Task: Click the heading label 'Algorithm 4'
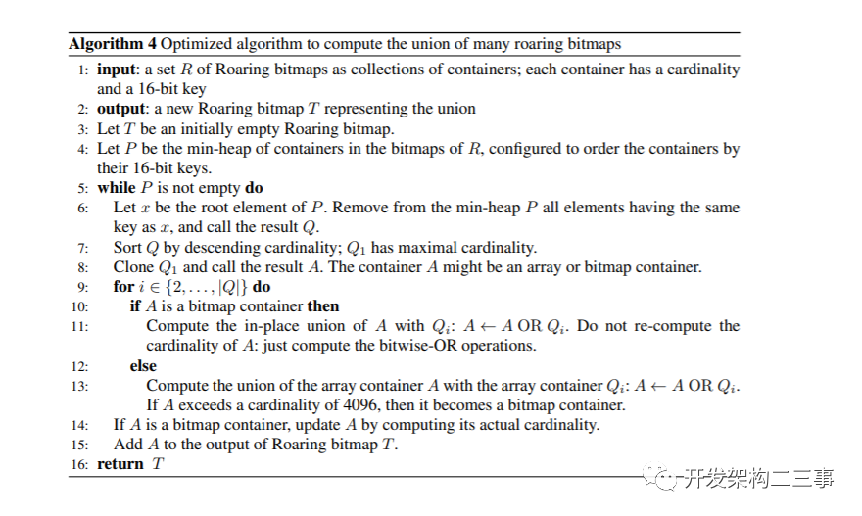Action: (x=112, y=44)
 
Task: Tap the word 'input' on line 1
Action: (x=117, y=70)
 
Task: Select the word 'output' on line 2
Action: (x=120, y=109)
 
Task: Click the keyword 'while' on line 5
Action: (x=117, y=188)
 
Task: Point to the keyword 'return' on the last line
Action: (x=120, y=463)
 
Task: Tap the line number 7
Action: (x=83, y=247)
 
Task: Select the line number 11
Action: (x=81, y=326)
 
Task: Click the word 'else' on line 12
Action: (x=143, y=365)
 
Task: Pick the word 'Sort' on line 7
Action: (x=128, y=247)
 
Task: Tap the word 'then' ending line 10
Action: (x=323, y=305)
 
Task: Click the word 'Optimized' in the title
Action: (x=194, y=44)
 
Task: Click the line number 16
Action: (x=79, y=463)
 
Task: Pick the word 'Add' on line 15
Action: (x=127, y=444)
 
